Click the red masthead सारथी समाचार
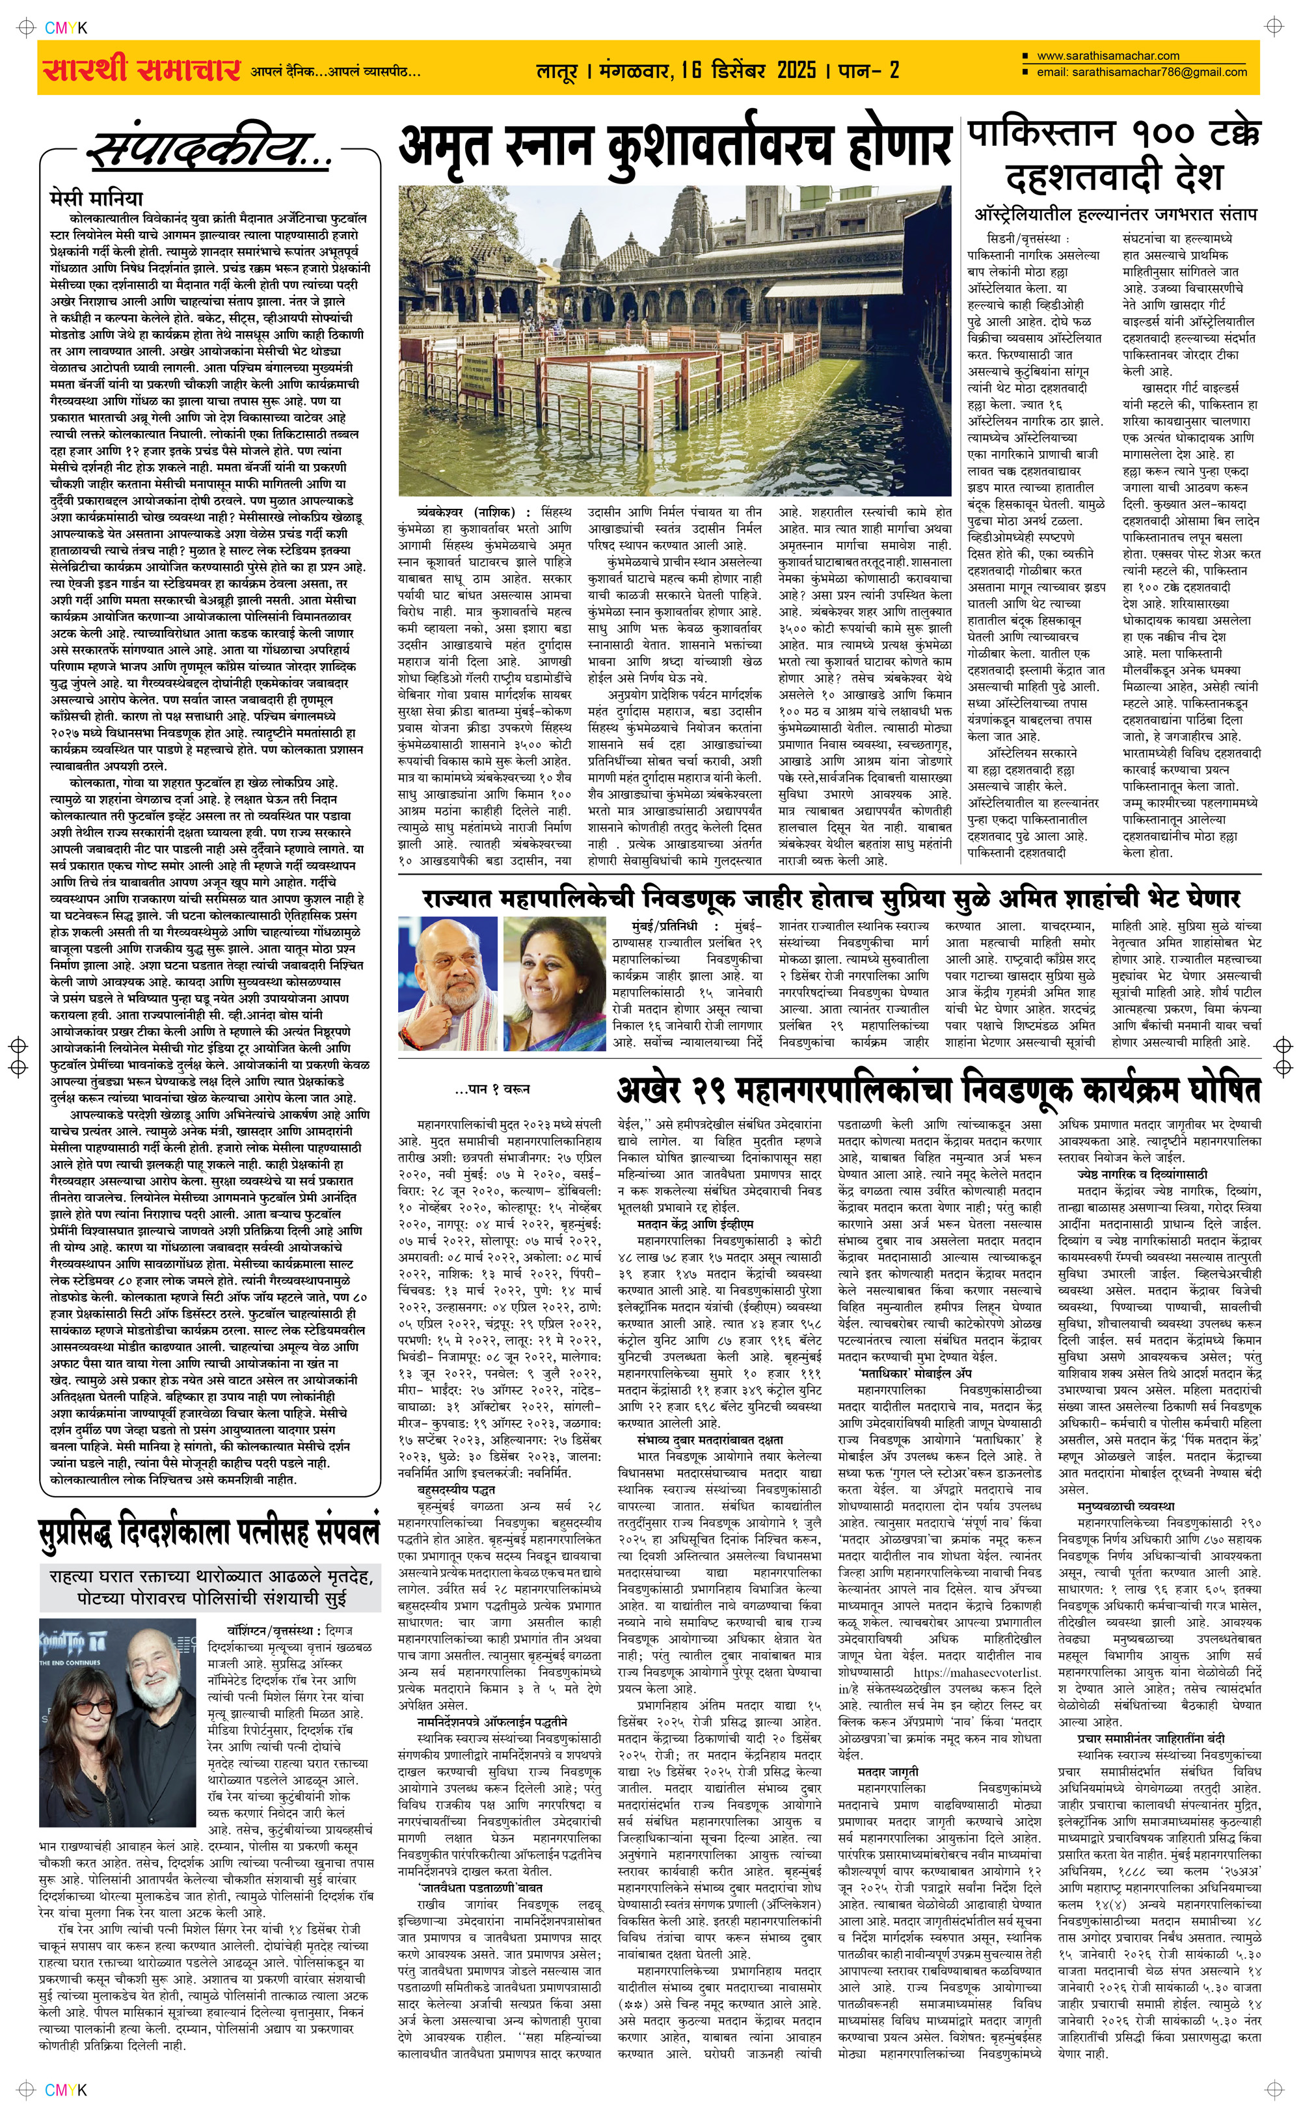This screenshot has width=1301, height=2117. click(x=139, y=69)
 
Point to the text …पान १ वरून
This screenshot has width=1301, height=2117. click(x=492, y=1089)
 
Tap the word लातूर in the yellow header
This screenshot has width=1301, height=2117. click(x=557, y=70)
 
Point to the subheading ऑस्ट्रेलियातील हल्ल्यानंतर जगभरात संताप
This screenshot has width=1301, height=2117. click(x=1114, y=213)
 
